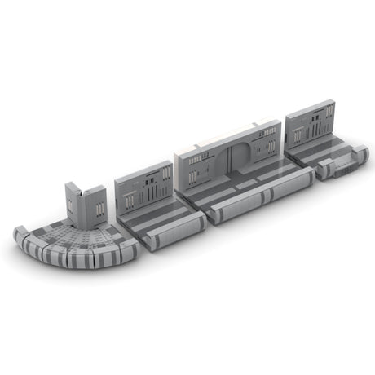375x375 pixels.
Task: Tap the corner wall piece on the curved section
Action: [85, 204]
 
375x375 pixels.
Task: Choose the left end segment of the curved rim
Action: [22, 237]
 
